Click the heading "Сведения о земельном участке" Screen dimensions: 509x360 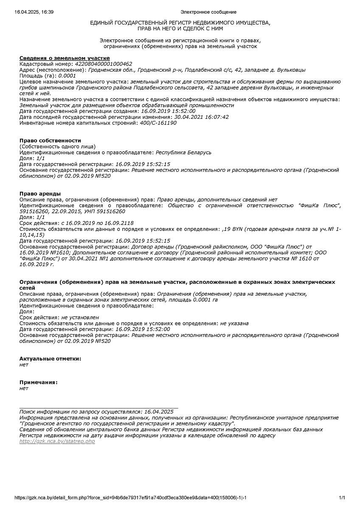pyautogui.click(x=65, y=58)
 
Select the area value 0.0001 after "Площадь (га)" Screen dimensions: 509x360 pyautogui.click(x=67, y=76)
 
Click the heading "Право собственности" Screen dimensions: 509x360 pyautogui.click(x=50, y=140)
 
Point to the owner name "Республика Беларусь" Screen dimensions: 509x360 pyautogui.click(x=183, y=152)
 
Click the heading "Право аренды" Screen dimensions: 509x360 pyautogui.click(x=40, y=194)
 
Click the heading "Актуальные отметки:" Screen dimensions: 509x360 pyautogui.click(x=50, y=358)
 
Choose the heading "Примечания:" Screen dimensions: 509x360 pyautogui.click(x=39, y=382)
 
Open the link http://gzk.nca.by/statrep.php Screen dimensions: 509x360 pyautogui.click(x=57, y=442)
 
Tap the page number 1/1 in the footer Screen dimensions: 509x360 pyautogui.click(x=342, y=498)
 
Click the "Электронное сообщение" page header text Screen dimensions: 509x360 pyautogui.click(x=208, y=12)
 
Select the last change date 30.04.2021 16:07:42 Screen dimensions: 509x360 pyautogui.click(x=202, y=117)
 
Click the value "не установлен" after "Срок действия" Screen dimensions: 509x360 pyautogui.click(x=80, y=317)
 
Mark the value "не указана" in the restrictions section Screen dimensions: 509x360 pyautogui.click(x=234, y=323)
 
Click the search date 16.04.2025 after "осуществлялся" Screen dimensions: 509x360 pyautogui.click(x=159, y=411)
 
